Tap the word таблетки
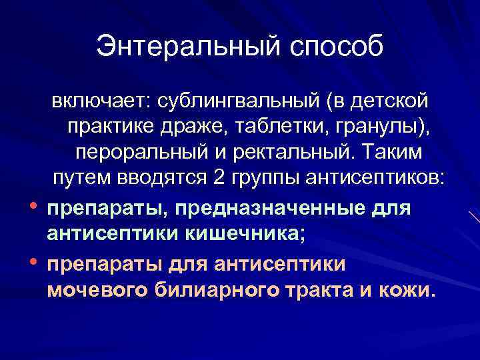[281, 126]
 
